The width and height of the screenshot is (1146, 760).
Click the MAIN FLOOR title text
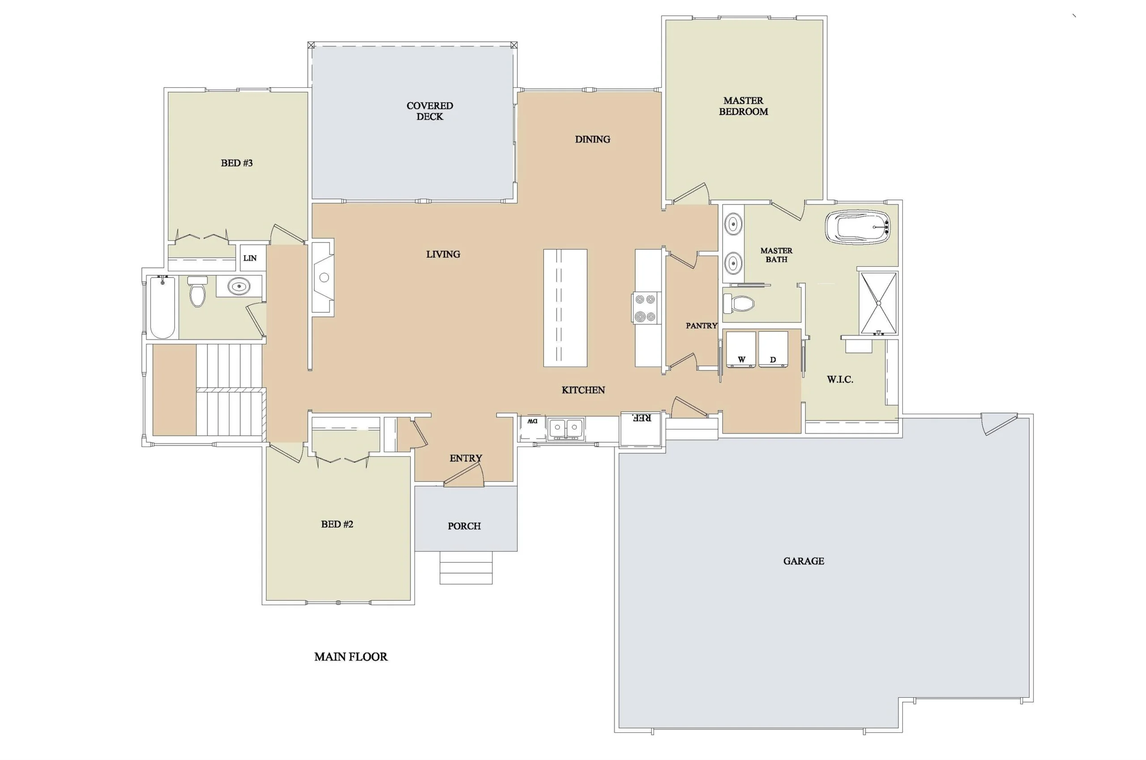[x=351, y=657]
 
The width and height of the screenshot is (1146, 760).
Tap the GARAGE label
[x=803, y=561]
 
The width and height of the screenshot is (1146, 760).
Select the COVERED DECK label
[x=429, y=111]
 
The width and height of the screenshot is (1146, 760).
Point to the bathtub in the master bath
[x=858, y=226]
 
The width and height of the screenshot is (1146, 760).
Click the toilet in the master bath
[x=739, y=304]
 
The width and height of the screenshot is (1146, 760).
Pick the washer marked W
[x=740, y=349]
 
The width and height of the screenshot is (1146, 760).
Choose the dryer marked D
[x=773, y=349]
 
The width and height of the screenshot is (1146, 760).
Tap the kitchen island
[x=565, y=308]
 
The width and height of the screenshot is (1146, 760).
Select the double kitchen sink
[x=565, y=428]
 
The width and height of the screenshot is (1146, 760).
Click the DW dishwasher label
[x=532, y=421]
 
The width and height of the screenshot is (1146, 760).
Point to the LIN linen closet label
[x=250, y=258]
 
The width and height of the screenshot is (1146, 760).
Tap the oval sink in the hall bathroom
[x=239, y=286]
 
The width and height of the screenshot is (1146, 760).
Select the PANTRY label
[x=701, y=326]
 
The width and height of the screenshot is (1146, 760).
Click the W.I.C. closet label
[x=840, y=380]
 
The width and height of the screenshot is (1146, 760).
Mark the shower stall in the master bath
[x=878, y=303]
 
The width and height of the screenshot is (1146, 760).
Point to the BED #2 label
[x=337, y=524]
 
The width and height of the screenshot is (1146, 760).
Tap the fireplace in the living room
[x=322, y=278]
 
